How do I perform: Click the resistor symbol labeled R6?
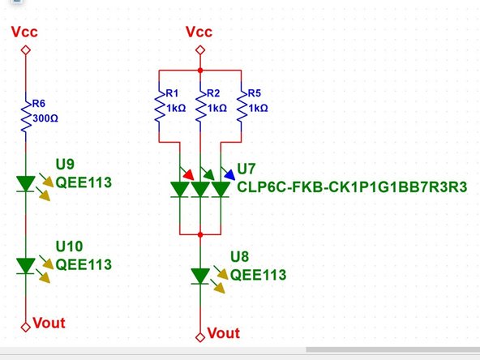click(x=25, y=114)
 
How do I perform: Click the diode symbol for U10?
click(x=25, y=265)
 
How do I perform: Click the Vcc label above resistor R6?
click(x=24, y=32)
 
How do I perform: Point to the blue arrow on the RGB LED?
click(x=230, y=173)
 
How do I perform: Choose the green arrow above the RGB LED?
click(x=208, y=173)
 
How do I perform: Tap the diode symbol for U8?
click(x=199, y=276)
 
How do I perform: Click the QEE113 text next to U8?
click(x=259, y=275)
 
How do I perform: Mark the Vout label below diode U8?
click(x=224, y=333)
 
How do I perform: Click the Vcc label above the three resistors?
click(x=199, y=32)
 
